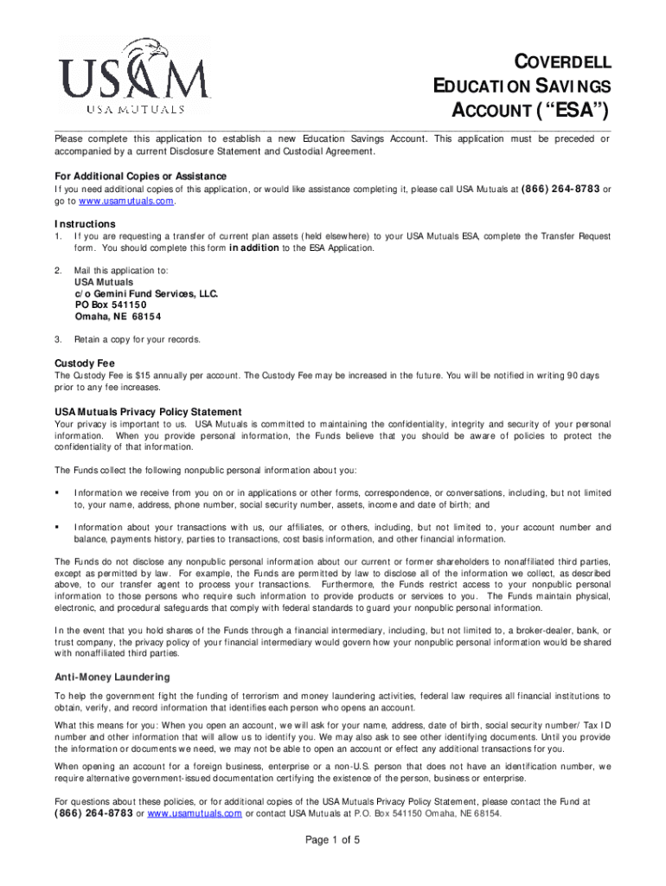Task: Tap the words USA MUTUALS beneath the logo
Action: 133,110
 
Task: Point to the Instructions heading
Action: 85,223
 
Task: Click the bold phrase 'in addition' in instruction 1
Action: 253,247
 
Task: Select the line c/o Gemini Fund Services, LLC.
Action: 146,293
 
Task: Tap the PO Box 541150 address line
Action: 111,305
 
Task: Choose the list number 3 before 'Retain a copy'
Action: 57,339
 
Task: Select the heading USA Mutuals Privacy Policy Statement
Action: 148,412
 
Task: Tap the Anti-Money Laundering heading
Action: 112,677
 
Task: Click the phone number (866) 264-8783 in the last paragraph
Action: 93,812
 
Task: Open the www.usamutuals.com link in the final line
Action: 195,812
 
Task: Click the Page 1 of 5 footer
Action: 333,840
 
